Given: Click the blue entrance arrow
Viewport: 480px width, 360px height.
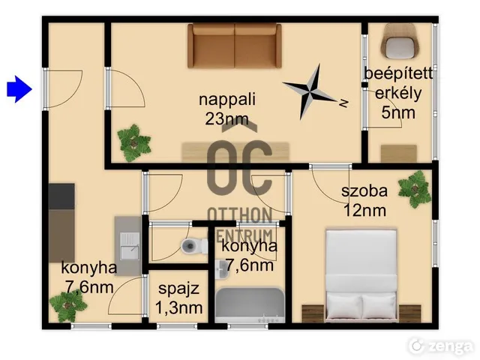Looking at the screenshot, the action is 19,89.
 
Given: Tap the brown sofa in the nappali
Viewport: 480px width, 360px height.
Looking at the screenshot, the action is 235,45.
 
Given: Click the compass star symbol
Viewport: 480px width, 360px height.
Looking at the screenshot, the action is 310,91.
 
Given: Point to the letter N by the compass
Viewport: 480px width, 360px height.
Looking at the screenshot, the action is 344,103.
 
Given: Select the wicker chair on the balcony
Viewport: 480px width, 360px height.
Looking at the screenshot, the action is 400,41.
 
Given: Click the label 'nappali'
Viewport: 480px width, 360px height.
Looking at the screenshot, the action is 227,100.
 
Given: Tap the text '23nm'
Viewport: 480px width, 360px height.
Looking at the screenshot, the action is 226,118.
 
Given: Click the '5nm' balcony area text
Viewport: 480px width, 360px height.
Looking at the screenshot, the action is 398,112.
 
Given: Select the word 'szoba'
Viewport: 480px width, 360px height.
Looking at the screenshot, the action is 364,191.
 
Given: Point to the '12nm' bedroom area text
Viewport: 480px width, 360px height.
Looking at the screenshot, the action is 364,211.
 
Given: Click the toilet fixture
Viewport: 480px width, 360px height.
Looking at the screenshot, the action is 194,246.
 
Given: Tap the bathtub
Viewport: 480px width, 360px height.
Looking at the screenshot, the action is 250,305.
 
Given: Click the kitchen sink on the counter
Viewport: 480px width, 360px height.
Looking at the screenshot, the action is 130,246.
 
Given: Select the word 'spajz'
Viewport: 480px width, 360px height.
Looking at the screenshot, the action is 178,289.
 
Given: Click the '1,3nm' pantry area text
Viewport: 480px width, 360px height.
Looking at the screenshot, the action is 178,307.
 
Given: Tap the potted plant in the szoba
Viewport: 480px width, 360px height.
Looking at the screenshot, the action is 415,189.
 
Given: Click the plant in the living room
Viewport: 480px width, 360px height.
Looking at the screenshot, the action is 133,142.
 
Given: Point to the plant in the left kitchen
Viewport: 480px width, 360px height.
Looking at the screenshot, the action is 68,305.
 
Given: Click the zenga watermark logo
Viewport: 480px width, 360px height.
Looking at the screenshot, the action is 440,346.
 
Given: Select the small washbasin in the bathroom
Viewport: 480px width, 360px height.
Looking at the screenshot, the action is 221,270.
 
